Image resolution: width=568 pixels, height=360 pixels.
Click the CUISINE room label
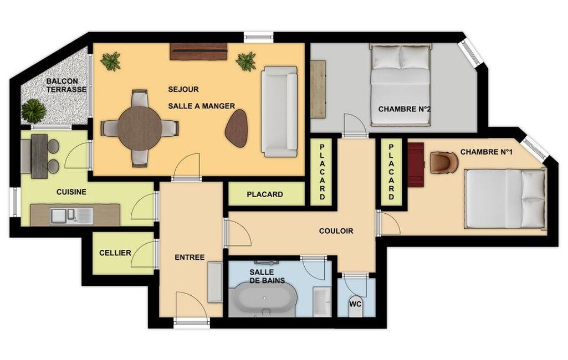71,192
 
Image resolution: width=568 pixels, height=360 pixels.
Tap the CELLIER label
115,253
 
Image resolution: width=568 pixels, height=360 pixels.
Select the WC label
355,304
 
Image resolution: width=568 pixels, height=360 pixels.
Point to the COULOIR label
336,231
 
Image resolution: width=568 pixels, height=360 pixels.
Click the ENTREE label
190,258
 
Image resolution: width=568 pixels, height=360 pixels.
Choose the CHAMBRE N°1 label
487,152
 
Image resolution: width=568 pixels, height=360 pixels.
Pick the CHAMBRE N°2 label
405,109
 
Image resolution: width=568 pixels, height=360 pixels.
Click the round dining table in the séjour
140,128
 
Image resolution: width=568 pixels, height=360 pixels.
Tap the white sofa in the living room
279,111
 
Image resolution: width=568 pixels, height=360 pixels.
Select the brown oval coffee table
237,128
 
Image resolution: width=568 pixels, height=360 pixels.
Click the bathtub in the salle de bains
264,299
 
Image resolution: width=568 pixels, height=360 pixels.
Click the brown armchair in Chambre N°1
444,162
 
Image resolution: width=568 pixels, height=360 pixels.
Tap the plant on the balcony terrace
34,110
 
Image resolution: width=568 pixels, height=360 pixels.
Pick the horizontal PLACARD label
265,194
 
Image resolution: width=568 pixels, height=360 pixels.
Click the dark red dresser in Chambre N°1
416,165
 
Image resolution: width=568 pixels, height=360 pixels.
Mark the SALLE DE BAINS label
267,276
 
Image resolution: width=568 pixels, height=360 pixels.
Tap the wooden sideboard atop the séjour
199,52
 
